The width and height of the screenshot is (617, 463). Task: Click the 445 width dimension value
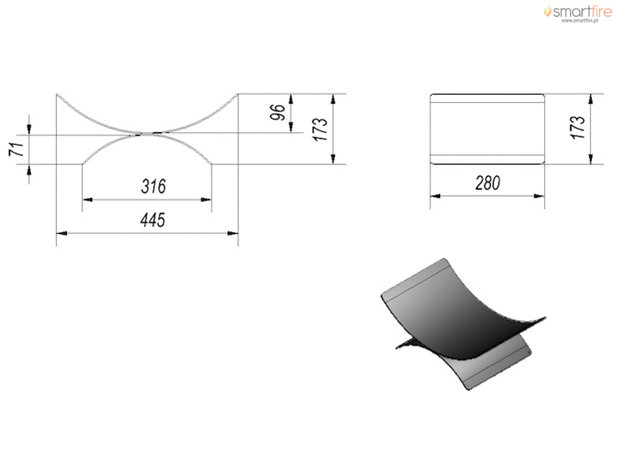(152, 220)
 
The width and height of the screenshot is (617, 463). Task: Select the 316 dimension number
(154, 186)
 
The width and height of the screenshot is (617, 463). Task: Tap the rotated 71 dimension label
(16, 150)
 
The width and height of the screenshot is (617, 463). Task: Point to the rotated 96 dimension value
(277, 112)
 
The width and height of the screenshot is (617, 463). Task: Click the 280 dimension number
(487, 183)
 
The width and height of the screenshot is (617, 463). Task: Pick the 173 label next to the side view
(577, 127)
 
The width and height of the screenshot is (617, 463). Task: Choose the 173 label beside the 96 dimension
(321, 129)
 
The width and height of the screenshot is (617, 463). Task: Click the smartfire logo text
(583, 11)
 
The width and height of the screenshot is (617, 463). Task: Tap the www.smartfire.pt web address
(580, 20)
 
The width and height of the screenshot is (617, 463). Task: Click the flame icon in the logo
(547, 11)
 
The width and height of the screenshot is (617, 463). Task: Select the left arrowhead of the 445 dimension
(61, 233)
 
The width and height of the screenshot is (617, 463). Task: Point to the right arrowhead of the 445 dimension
(233, 233)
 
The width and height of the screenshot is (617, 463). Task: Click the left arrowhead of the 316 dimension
(87, 200)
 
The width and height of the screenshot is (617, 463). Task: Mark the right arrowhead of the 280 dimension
(539, 196)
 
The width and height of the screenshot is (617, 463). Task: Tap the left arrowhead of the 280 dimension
(435, 196)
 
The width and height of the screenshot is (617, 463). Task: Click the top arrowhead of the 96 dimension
(291, 99)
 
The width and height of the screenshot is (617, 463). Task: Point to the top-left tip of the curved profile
(57, 94)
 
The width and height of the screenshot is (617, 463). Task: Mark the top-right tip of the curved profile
(237, 94)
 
